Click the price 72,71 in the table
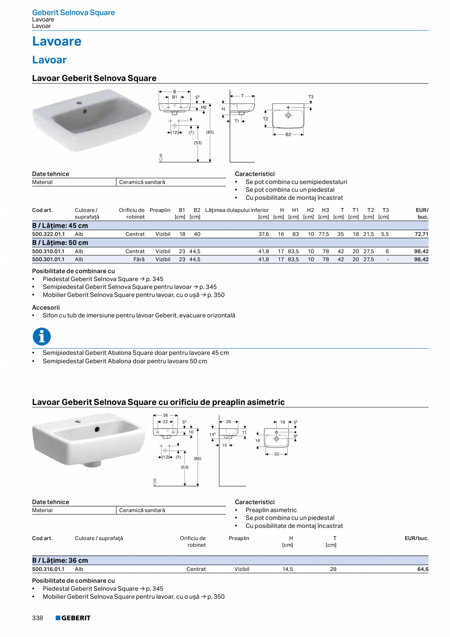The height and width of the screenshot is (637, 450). [421, 235]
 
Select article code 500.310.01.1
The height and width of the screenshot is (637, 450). [48, 251]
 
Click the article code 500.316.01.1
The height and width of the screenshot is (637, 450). [48, 569]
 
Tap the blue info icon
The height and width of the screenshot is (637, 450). [42, 336]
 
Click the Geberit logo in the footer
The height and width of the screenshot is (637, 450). [73, 618]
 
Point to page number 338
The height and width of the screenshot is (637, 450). [38, 618]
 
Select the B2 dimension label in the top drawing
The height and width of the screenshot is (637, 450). [288, 134]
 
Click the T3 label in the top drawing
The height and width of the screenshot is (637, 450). [311, 97]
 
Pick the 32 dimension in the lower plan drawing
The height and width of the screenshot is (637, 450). [276, 454]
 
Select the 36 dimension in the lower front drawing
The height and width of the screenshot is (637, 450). [165, 415]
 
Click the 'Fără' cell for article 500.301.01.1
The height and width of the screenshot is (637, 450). [139, 260]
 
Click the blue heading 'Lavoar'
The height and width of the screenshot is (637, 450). [49, 60]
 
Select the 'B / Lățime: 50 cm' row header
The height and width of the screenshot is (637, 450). [60, 243]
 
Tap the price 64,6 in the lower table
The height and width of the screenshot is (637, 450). [423, 569]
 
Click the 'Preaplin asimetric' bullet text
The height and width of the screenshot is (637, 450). [271, 510]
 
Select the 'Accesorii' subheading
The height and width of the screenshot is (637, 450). [45, 307]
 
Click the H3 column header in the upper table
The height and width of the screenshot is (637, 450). [325, 211]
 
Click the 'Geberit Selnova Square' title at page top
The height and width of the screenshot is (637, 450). [73, 13]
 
